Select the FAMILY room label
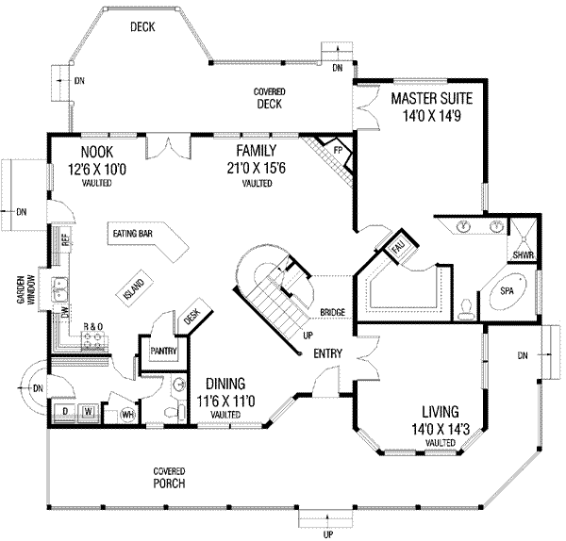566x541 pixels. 256,151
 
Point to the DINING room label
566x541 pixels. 222,384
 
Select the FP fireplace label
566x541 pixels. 338,151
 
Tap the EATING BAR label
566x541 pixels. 134,235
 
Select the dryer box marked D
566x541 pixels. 65,412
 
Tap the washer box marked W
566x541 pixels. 88,412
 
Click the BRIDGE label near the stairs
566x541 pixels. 331,312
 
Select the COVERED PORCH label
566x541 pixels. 170,477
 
